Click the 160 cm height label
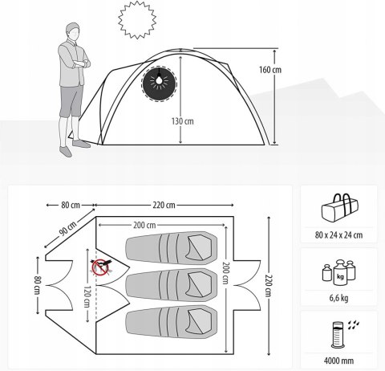point(270,70)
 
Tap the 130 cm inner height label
point(183,121)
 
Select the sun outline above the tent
point(137,20)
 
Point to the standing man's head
point(73,31)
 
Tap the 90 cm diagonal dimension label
point(67,229)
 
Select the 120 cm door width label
point(87,296)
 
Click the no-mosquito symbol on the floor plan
point(100,267)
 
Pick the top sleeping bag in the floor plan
point(171,248)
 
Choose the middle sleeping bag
point(171,285)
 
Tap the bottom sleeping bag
point(171,322)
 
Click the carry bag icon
point(339,208)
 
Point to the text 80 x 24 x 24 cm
point(338,235)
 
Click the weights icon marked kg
point(339,272)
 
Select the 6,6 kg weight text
point(338,298)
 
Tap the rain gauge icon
point(345,334)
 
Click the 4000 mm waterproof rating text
point(338,361)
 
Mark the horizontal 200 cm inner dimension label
point(144,225)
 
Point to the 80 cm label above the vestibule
point(71,205)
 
